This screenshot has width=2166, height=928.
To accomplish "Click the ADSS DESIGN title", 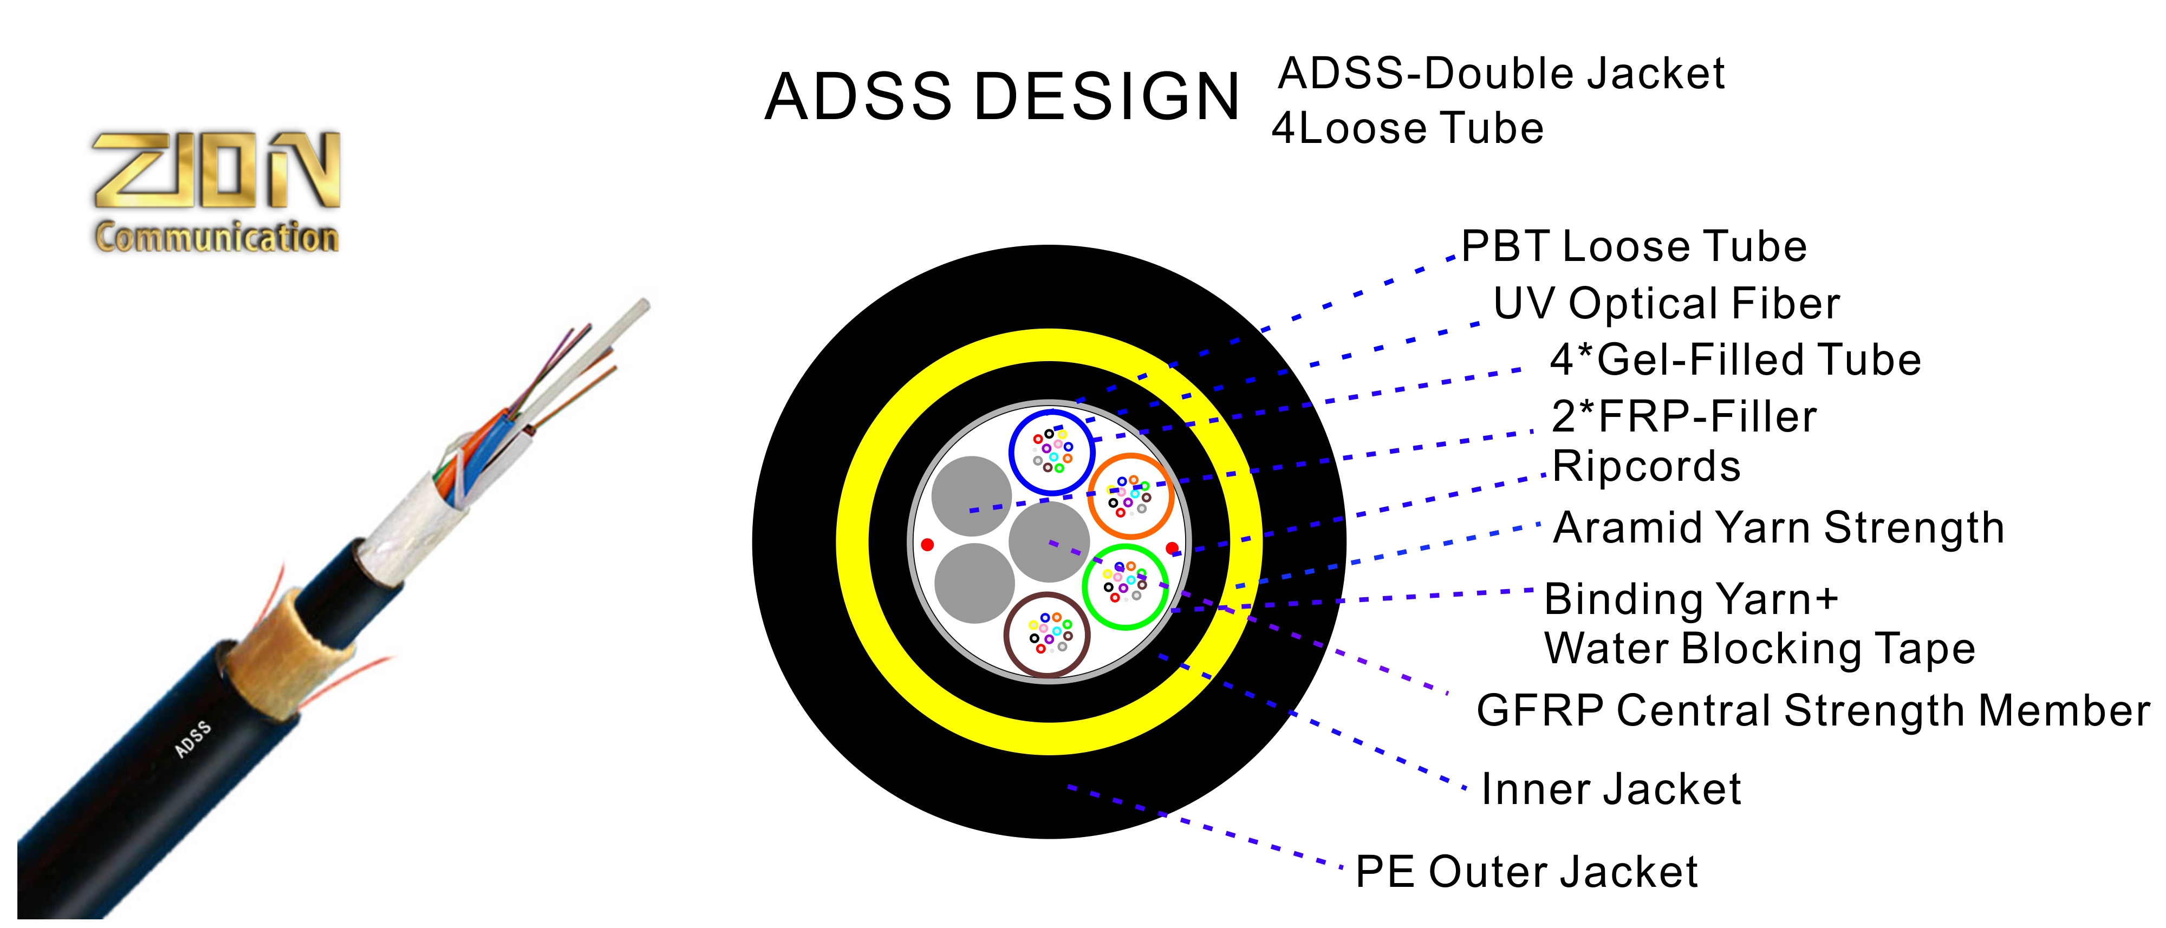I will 1001,97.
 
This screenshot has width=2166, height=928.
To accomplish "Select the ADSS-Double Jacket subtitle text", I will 1501,74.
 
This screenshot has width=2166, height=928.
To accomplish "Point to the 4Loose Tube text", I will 1408,129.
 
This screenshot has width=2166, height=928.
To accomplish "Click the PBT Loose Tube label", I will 1634,247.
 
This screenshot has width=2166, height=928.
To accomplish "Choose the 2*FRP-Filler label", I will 1683,417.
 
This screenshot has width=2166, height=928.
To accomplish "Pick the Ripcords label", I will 1645,467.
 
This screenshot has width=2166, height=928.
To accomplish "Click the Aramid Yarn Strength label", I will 1778,528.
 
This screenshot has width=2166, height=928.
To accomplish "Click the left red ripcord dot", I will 927,545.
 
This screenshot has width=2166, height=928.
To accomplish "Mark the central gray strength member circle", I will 1049,541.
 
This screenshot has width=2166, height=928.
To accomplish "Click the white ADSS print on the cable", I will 193,739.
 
